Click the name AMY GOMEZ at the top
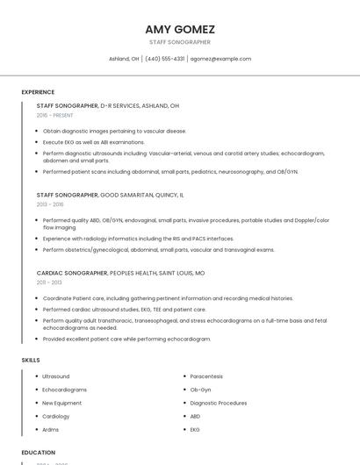pyautogui.click(x=180, y=29)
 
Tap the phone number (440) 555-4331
pyautogui.click(x=164, y=59)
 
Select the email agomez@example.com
pyautogui.click(x=221, y=59)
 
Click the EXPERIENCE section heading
pyautogui.click(x=38, y=92)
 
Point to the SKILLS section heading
pyautogui.click(x=31, y=360)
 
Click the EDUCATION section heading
pyautogui.click(x=38, y=453)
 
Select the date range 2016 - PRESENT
pyautogui.click(x=55, y=115)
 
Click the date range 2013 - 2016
pyautogui.click(x=50, y=204)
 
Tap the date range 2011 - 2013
pyautogui.click(x=49, y=283)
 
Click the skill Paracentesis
pyautogui.click(x=207, y=376)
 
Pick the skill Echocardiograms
pyautogui.click(x=65, y=390)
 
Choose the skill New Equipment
pyautogui.click(x=62, y=403)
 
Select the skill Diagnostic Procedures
pyautogui.click(x=219, y=403)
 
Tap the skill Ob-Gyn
pyautogui.click(x=200, y=390)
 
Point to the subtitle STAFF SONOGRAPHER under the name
pyautogui.click(x=180, y=42)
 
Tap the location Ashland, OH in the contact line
pyautogui.click(x=124, y=59)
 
